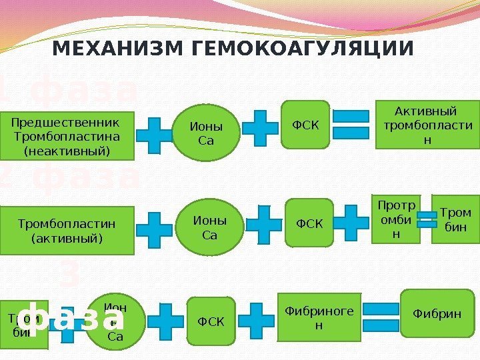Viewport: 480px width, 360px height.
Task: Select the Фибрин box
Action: (x=437, y=312)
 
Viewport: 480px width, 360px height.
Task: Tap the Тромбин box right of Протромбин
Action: (x=455, y=218)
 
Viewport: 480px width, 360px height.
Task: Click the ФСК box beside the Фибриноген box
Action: (x=211, y=323)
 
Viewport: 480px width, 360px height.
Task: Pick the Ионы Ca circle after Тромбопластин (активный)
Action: (x=209, y=227)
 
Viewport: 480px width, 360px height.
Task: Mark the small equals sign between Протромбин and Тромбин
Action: (x=426, y=219)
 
